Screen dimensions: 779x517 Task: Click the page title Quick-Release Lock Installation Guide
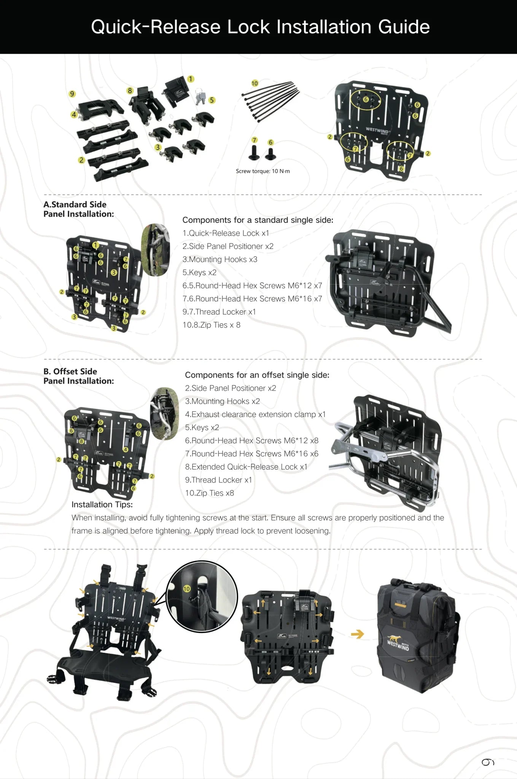tap(260, 27)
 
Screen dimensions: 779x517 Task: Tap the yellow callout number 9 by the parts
tap(72, 94)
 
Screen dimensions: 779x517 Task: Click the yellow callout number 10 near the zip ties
tap(255, 83)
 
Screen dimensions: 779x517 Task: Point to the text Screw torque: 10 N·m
tap(262, 171)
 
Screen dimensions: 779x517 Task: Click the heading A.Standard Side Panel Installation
tap(78, 209)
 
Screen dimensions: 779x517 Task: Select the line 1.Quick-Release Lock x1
tap(226, 233)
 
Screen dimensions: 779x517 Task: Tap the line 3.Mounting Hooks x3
tap(220, 259)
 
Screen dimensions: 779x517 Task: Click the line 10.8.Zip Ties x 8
tap(211, 325)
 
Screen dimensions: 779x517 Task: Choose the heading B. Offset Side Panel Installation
tap(78, 376)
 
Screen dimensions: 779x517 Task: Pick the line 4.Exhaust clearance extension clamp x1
tap(255, 414)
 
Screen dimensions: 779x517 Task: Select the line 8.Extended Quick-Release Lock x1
tap(246, 467)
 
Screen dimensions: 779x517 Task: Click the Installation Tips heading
tap(102, 504)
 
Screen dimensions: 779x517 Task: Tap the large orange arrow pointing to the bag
tap(357, 634)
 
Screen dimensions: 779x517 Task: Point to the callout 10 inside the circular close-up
tap(186, 589)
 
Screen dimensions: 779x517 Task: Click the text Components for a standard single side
tap(258, 220)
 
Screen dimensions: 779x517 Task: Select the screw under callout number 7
tap(254, 153)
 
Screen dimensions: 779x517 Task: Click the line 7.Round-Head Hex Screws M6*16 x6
tap(251, 453)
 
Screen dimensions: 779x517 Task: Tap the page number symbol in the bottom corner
tap(488, 762)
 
